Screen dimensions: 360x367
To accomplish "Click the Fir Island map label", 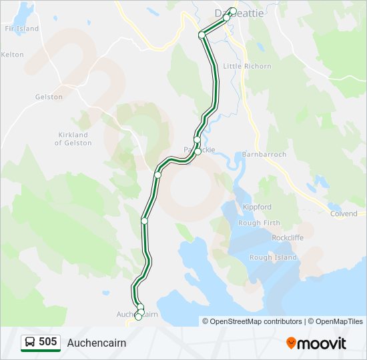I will [x=22, y=29].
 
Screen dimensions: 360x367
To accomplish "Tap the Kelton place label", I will [x=13, y=55].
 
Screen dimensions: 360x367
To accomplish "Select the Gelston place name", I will [x=49, y=97].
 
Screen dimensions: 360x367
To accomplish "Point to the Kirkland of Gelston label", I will [x=73, y=139].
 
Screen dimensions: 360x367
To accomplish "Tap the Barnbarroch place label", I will [x=265, y=154].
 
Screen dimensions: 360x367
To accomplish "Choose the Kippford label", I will [x=258, y=207].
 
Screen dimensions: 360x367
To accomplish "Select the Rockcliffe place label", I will [x=288, y=237].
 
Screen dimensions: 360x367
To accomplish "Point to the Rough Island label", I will [x=273, y=257].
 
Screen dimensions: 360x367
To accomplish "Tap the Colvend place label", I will [x=344, y=213].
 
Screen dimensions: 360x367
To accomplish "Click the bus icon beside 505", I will [x=30, y=342].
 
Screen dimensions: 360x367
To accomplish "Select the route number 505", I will [x=47, y=342].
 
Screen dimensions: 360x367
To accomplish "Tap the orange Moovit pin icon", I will [x=291, y=343].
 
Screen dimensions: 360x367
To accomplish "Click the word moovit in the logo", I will [x=322, y=343].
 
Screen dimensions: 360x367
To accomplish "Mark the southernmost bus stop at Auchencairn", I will [x=138, y=317].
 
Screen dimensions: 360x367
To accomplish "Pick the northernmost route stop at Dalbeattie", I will [x=232, y=11].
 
